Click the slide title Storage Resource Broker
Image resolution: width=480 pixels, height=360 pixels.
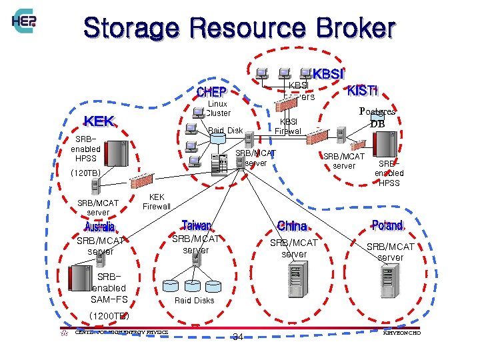click(x=239, y=28)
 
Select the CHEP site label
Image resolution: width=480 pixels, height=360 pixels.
click(x=211, y=91)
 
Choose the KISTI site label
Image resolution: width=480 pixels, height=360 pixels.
click(x=362, y=90)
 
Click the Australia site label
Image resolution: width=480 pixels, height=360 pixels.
click(x=99, y=227)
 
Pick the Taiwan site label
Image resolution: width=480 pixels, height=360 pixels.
click(x=196, y=225)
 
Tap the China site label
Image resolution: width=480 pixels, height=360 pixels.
click(x=291, y=225)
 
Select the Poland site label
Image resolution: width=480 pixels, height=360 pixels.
click(x=387, y=225)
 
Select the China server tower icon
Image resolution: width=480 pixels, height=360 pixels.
click(x=296, y=279)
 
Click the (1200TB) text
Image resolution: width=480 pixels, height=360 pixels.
click(x=109, y=315)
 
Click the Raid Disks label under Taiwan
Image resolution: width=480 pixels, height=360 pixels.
click(x=194, y=300)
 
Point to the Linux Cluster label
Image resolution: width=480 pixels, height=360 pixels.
click(x=217, y=108)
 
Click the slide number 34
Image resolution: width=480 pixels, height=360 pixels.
click(x=237, y=337)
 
